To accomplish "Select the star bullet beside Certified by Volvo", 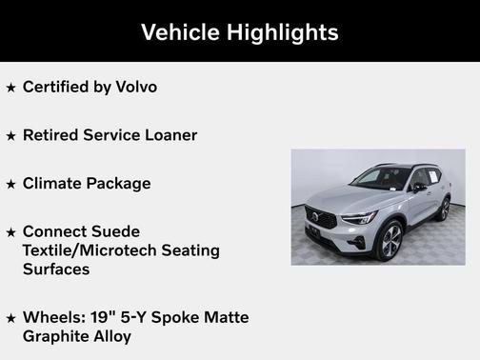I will [x=10, y=88].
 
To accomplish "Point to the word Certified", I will [x=55, y=87].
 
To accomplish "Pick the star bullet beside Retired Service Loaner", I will [x=10, y=136].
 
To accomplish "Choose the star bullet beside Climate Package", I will [x=10, y=185].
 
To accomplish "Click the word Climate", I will [x=51, y=184].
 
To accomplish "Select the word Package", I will [x=118, y=184].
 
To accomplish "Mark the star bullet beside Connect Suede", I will [x=10, y=233].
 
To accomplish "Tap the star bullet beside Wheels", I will [x=10, y=319].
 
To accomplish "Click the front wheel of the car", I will [x=391, y=242].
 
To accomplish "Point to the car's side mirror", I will [x=418, y=188].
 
